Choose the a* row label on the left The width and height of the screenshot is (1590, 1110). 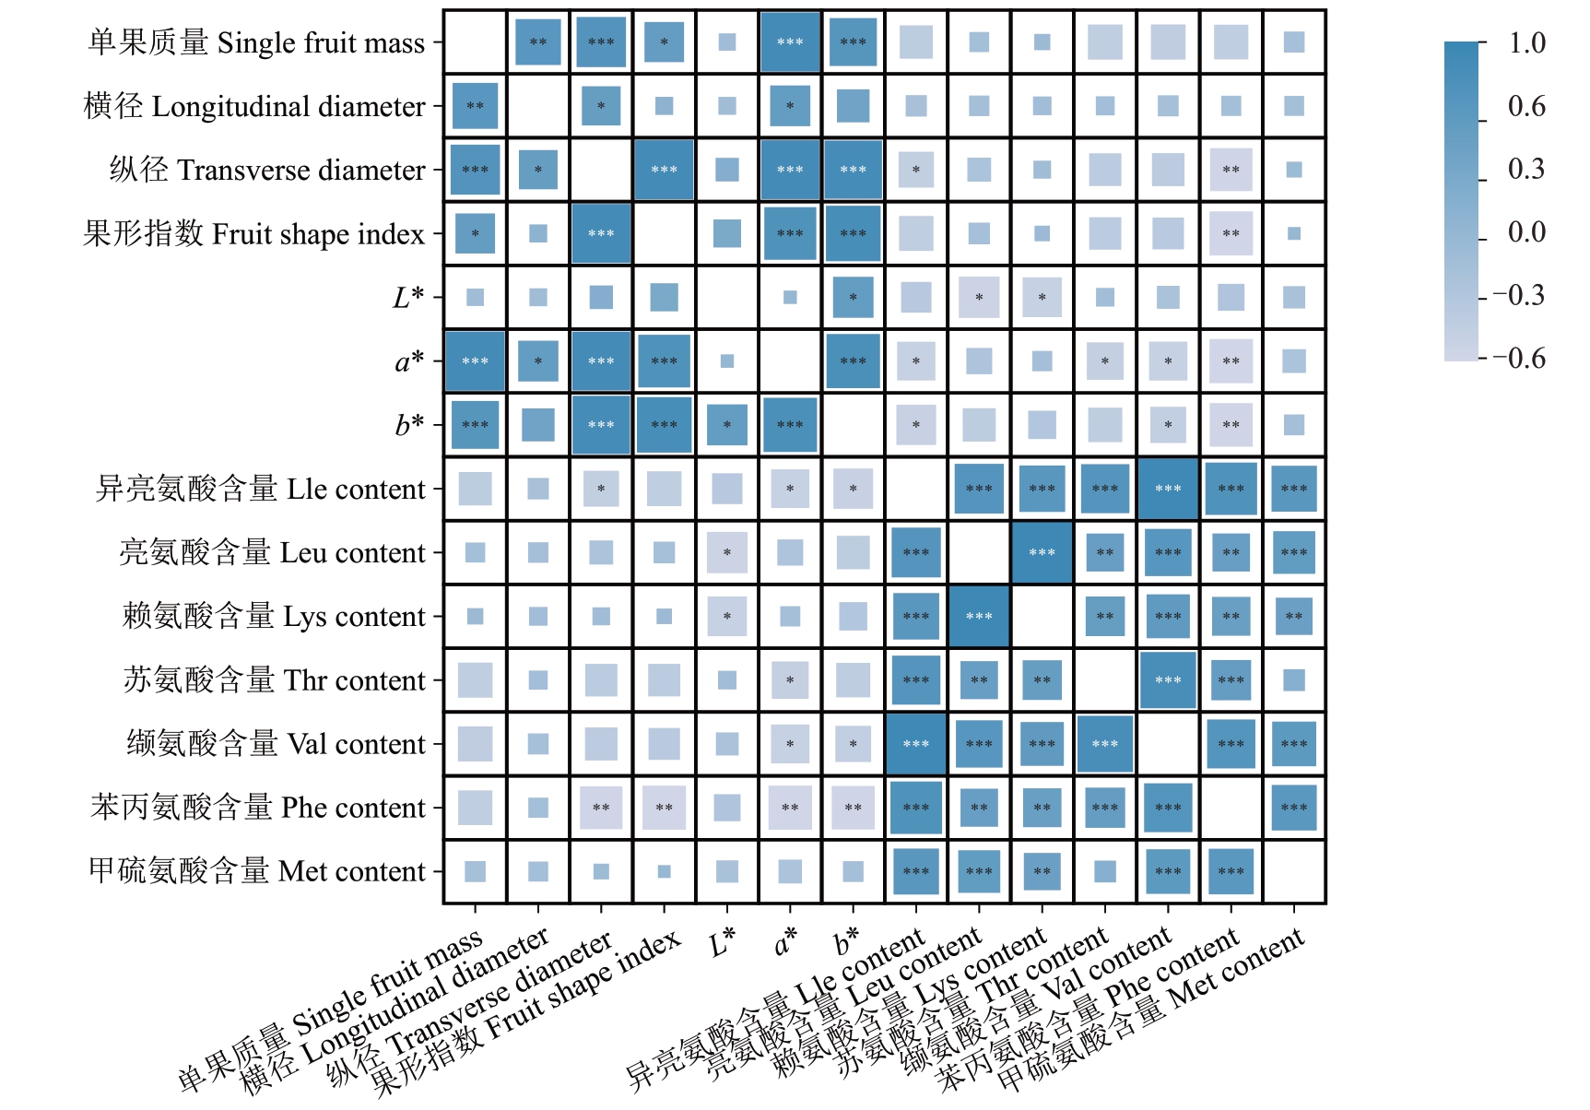[409, 361]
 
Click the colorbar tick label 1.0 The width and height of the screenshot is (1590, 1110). [1526, 43]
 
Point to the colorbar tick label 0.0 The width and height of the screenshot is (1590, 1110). [1526, 232]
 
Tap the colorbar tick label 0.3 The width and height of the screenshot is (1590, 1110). [1526, 170]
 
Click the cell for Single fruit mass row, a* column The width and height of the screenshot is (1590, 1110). [790, 42]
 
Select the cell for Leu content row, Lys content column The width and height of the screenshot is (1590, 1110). [1042, 553]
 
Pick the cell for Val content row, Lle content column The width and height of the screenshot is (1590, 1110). [916, 744]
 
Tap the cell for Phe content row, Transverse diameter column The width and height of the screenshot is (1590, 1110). [601, 808]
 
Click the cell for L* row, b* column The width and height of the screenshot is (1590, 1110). [853, 298]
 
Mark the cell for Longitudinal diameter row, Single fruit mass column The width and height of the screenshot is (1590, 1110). [475, 106]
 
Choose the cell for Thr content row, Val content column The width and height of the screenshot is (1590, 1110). [1168, 680]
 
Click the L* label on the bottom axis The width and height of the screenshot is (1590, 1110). [722, 942]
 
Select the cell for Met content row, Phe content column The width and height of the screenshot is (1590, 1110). [1231, 871]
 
